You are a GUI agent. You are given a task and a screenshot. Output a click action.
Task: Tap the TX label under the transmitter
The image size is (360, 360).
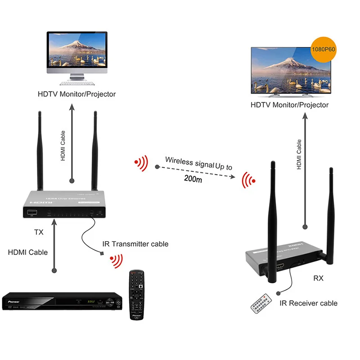pos(39,232)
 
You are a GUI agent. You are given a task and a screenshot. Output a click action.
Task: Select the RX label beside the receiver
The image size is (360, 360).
pos(318,279)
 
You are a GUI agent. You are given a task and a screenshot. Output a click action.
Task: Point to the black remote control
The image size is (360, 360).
pos(137,295)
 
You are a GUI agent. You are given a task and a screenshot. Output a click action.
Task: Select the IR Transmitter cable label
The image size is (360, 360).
pos(135,244)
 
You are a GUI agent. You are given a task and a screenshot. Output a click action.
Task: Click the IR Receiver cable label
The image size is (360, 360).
pos(308,303)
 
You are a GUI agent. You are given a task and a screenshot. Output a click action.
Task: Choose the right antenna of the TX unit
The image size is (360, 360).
pos(95,151)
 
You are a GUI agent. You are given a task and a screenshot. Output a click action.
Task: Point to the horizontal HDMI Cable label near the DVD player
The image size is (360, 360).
pos(28,252)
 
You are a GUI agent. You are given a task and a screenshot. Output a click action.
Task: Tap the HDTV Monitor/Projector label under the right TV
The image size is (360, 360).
pos(290,105)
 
